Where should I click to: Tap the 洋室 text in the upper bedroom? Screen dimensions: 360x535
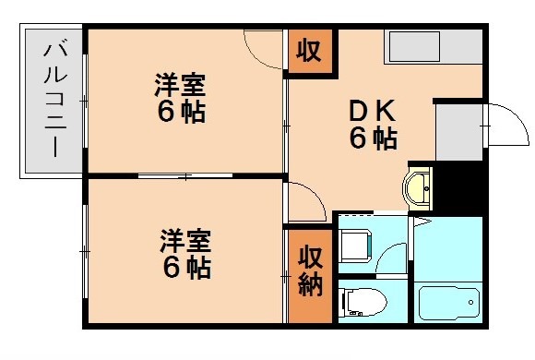(x=180, y=89)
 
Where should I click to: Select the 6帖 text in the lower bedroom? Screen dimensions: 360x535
(x=185, y=268)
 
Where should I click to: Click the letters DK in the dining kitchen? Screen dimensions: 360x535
(x=373, y=111)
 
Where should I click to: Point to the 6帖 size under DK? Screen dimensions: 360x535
(x=373, y=139)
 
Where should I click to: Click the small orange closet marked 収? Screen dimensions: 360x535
(x=308, y=52)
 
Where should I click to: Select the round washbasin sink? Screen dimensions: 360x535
(x=419, y=187)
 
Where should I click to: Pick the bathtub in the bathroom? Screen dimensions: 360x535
(x=448, y=303)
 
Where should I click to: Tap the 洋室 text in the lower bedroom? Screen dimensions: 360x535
(x=185, y=242)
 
